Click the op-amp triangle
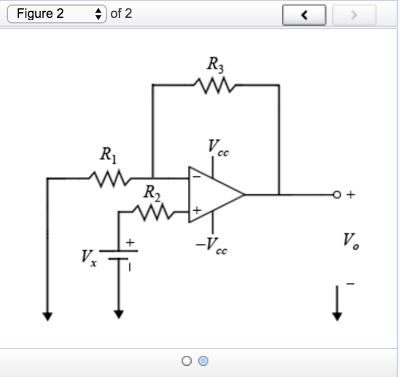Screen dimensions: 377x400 point(214,195)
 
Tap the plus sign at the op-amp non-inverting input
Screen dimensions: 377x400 point(196,211)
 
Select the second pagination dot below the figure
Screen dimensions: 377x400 point(204,361)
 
